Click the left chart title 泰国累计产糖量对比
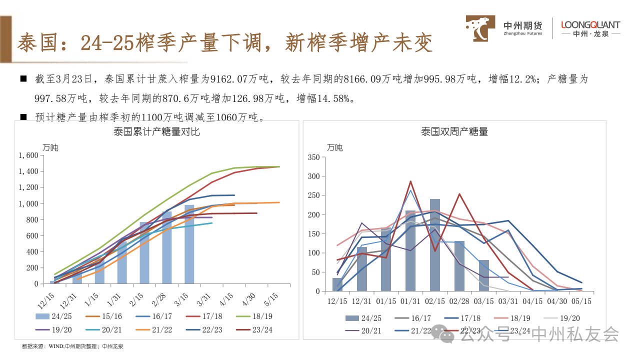[156, 132]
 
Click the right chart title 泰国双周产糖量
[454, 132]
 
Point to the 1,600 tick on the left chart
[28, 155]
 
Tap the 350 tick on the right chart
[313, 157]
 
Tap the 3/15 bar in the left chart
[189, 244]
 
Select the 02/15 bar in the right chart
[434, 245]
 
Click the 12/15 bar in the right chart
[337, 284]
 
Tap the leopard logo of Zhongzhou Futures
[481, 28]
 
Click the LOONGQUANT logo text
[590, 24]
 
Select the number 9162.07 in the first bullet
[231, 79]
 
